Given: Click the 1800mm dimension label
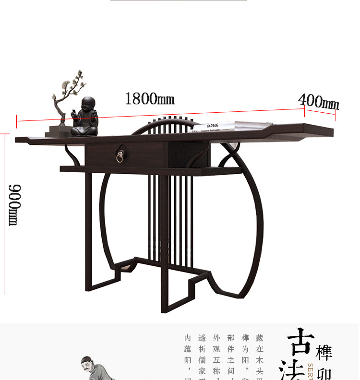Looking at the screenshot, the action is click(149, 99).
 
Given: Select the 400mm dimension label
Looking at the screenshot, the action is click(319, 102).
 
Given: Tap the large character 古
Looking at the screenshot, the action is click(301, 342).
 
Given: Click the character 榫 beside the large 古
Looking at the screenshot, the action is click(324, 353).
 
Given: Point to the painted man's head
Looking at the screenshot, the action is click(87, 364).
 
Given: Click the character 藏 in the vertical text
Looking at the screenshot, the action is click(260, 338).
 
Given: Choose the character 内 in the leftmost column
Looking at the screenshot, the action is click(188, 338).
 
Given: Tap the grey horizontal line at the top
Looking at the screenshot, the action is click(179, 0).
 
